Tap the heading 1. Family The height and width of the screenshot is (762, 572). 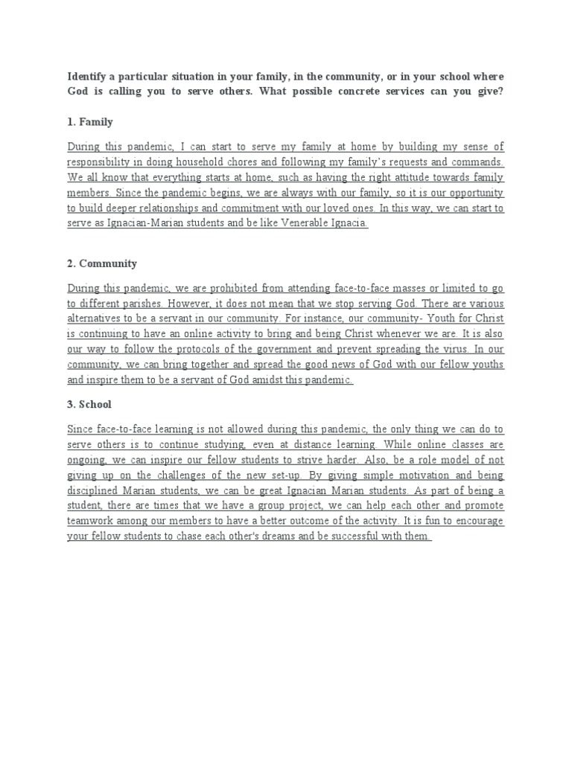90,121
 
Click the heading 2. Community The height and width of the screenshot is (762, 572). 102,263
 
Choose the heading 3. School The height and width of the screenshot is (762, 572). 89,405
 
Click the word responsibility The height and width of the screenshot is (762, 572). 103,161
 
